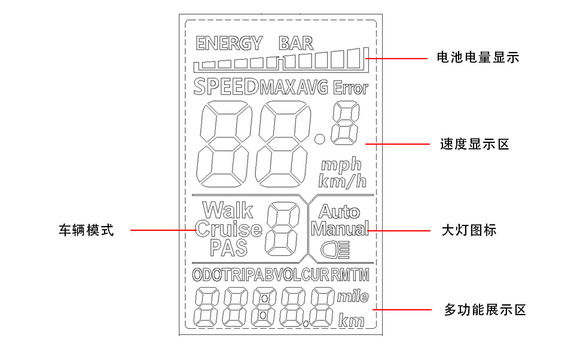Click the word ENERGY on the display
[229, 43]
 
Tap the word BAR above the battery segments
[296, 43]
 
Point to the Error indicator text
[350, 89]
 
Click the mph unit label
[341, 164]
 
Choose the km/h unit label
[343, 181]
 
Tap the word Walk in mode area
[228, 210]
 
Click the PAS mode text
[229, 247]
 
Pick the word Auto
[339, 212]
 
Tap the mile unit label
[353, 297]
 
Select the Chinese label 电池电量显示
[478, 58]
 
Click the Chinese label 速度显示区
[474, 144]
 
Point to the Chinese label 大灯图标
[469, 230]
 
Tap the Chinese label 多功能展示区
[485, 310]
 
